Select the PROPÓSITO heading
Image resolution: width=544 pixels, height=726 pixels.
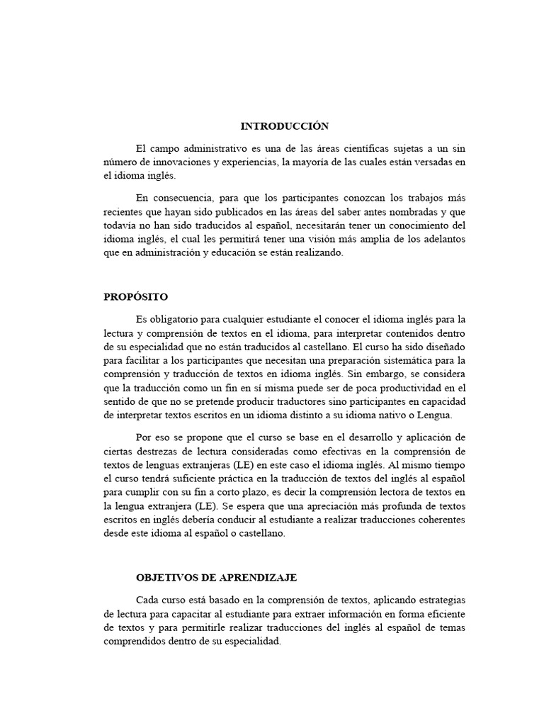[x=136, y=296]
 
